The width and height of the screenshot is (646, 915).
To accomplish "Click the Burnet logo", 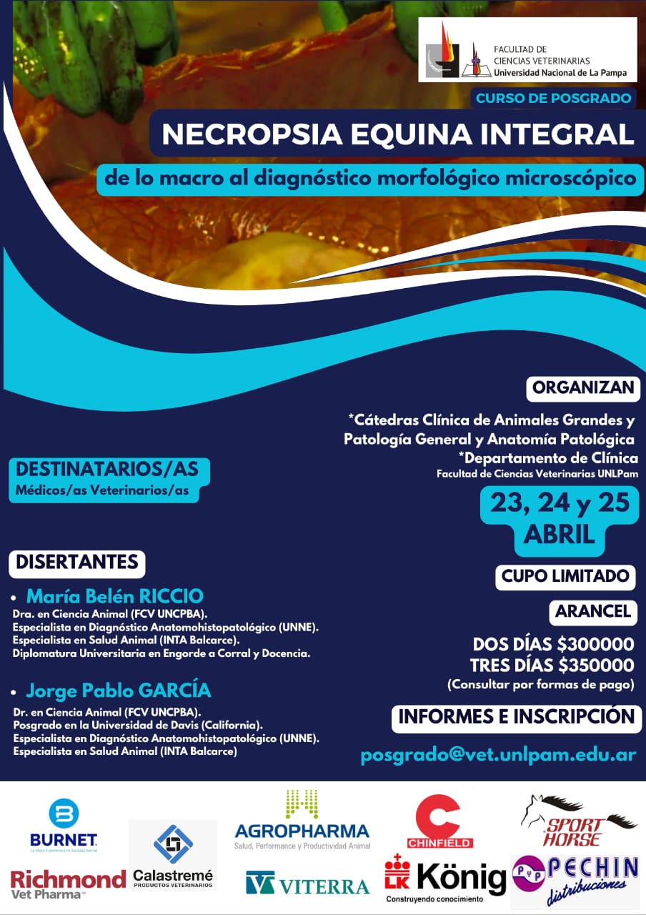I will [64, 826].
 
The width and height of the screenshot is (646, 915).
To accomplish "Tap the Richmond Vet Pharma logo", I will [68, 883].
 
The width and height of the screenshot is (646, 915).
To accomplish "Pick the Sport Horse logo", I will [578, 821].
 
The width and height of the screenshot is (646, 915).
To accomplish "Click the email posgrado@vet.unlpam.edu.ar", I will [498, 755].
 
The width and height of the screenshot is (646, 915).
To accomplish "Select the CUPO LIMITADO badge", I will [565, 576].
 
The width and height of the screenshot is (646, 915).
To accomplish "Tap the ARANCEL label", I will [593, 612].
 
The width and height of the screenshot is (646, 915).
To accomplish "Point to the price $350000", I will [596, 666].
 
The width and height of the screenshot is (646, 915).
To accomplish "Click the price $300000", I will [596, 644].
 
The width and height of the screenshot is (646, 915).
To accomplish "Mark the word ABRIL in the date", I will [560, 534].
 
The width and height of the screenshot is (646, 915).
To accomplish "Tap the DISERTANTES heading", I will [77, 562].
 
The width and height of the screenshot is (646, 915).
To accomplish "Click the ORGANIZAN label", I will [583, 388].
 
